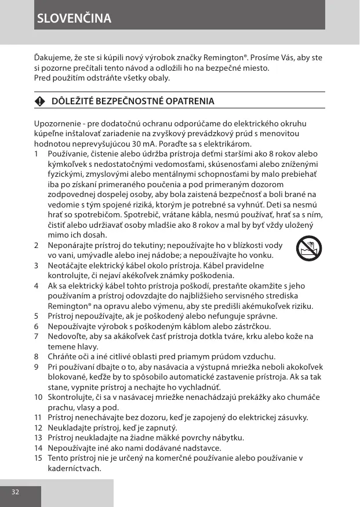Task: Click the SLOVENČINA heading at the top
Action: coord(74,18)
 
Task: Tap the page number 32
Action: coord(15,491)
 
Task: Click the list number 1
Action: coord(37,154)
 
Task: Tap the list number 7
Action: coord(37,336)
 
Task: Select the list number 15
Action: coord(38,458)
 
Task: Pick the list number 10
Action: coord(38,397)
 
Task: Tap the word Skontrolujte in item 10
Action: coord(69,397)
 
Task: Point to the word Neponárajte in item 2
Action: coord(68,245)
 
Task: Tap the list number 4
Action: coord(37,286)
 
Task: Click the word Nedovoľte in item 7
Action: coord(66,336)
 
